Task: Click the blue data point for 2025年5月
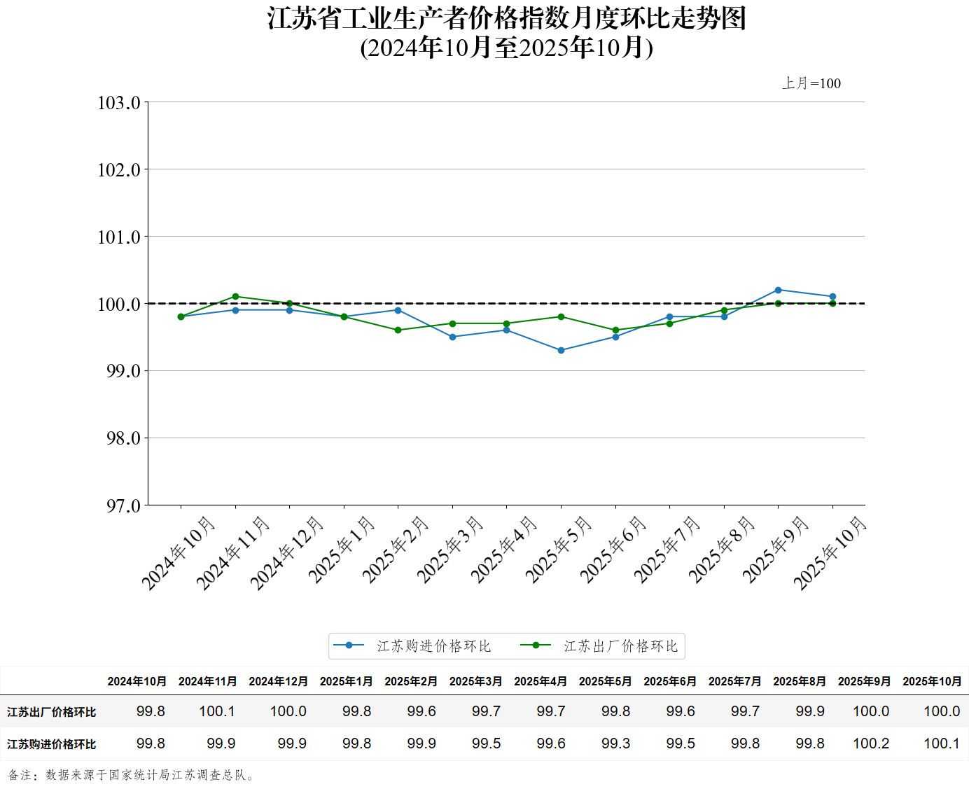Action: pos(561,350)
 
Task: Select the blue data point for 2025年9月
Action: pos(778,290)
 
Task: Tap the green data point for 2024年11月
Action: pos(235,296)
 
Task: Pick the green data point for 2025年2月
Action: pos(398,330)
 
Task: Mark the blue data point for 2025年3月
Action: pos(452,337)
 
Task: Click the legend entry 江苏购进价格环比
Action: pos(433,646)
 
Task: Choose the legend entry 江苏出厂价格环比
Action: pos(620,646)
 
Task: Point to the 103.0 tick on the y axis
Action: pos(119,103)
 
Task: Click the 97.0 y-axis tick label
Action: pos(123,505)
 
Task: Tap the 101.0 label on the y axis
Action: pos(119,237)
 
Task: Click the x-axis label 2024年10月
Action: pos(179,552)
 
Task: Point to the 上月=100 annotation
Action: pos(811,83)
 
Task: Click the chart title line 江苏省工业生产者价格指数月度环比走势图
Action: pos(507,18)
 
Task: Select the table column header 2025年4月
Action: pos(540,681)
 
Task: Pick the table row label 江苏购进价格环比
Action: pos(52,744)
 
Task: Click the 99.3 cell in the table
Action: pos(615,743)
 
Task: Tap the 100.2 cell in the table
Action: pos(871,743)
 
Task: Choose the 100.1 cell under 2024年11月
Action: pos(217,711)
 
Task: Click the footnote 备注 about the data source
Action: pos(132,775)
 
